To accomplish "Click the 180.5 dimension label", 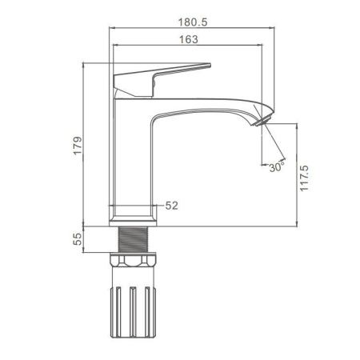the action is [193, 22].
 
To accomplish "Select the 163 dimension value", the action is [189, 39].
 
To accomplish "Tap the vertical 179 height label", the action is [78, 146].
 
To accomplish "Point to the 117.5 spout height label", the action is [304, 178].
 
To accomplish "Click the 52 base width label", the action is [171, 206].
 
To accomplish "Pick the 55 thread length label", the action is [78, 239].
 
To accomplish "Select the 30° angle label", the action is [277, 167].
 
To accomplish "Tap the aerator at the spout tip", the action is [262, 122].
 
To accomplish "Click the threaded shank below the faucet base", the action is [133, 239].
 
